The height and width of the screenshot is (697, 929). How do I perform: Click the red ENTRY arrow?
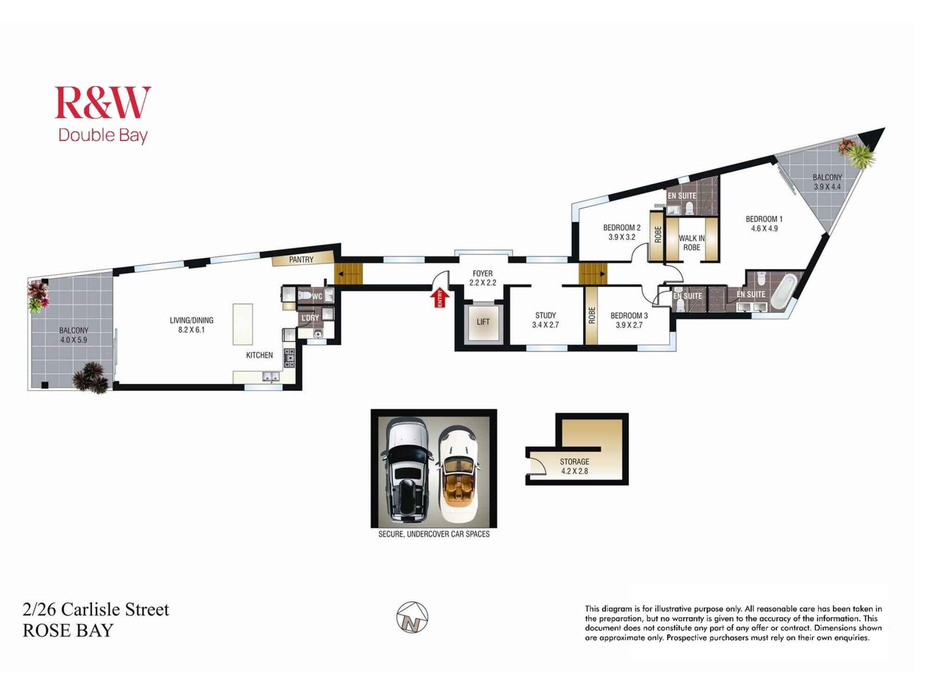pyautogui.click(x=439, y=297)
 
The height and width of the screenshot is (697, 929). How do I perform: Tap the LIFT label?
pyautogui.click(x=483, y=322)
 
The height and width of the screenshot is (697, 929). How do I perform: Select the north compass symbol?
pyautogui.click(x=412, y=618)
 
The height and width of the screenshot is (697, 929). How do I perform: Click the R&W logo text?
pyautogui.click(x=103, y=103)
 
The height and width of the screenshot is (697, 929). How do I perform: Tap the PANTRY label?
pyautogui.click(x=301, y=259)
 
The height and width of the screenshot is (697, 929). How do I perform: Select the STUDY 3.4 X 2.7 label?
pyautogui.click(x=545, y=320)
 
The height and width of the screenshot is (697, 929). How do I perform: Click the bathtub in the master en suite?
pyautogui.click(x=784, y=292)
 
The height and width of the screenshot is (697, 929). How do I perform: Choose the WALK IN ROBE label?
pyautogui.click(x=691, y=243)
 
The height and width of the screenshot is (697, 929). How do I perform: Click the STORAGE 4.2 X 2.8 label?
pyautogui.click(x=574, y=466)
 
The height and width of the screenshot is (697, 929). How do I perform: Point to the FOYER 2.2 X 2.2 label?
pyautogui.click(x=483, y=278)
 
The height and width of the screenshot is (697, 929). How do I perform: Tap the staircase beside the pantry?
pyautogui.click(x=348, y=274)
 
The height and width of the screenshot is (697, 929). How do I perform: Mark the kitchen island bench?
pyautogui.click(x=242, y=324)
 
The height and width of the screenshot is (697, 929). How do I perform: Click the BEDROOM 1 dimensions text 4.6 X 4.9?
pyautogui.click(x=764, y=228)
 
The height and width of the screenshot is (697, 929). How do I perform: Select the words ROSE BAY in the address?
pyautogui.click(x=68, y=631)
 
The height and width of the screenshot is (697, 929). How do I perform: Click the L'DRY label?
pyautogui.click(x=310, y=318)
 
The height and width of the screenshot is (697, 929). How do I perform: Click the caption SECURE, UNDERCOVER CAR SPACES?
pyautogui.click(x=433, y=534)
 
